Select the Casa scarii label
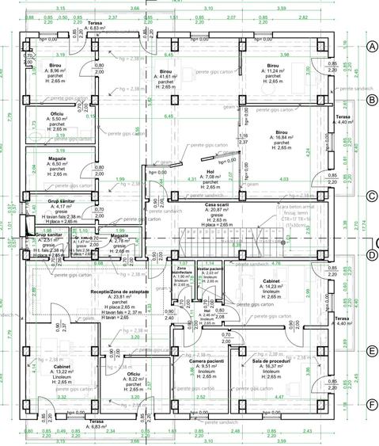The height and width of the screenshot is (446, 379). point(216,205)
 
